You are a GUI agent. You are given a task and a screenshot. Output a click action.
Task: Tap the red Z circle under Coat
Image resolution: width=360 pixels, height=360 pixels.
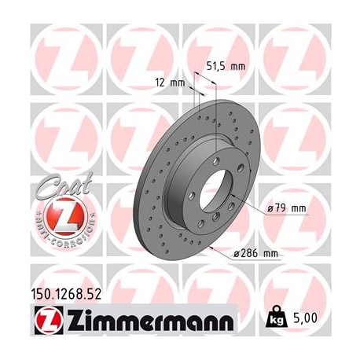[57, 214]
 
